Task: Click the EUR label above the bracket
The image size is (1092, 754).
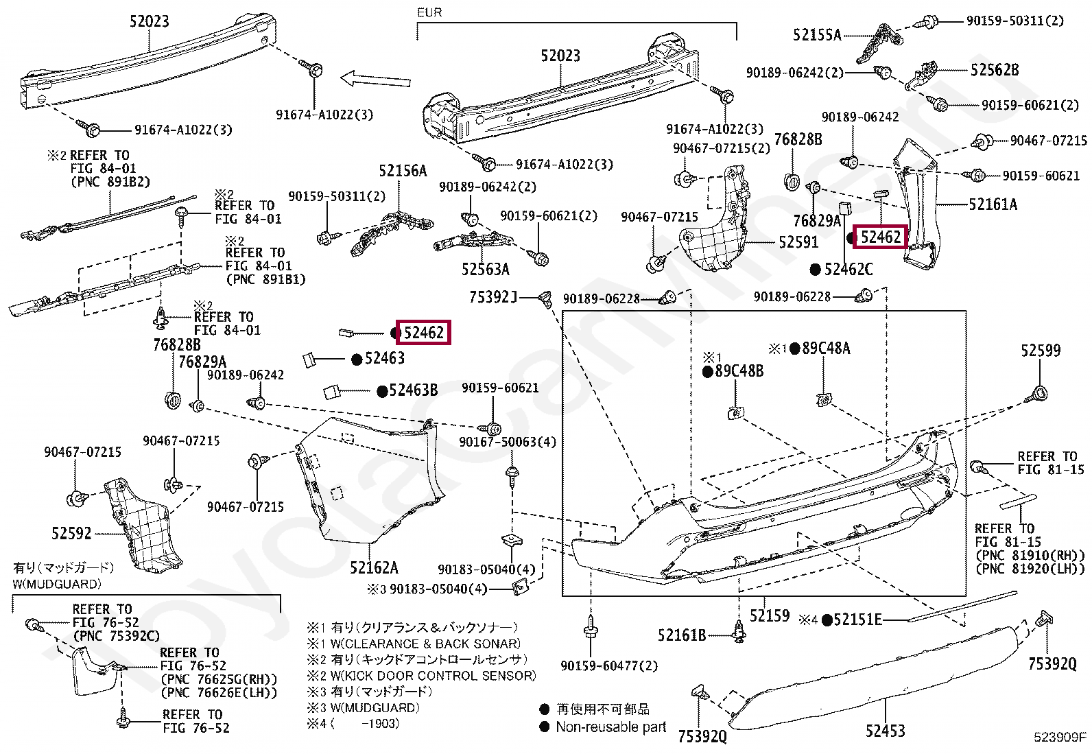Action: pos(429,12)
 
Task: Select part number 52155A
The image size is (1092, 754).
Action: pos(816,35)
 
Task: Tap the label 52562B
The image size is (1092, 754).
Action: pos(994,70)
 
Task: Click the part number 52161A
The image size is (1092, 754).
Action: pos(993,204)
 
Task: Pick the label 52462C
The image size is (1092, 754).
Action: pos(848,270)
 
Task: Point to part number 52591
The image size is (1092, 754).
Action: pos(798,242)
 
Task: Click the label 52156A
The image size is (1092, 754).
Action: pos(403,171)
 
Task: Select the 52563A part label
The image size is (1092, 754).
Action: pos(485,269)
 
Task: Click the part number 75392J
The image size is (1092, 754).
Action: pos(492,297)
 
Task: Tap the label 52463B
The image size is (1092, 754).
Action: pos(413,390)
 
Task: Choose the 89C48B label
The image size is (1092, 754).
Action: pos(739,371)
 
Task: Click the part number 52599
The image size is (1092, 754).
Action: pos(1040,351)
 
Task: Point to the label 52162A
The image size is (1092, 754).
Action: pos(373,567)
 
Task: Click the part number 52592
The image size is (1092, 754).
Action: pos(71,533)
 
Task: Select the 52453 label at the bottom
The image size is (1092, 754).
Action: pos(884,731)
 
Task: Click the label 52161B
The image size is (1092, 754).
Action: pos(681,635)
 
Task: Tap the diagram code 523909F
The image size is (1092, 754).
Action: pos(1060,738)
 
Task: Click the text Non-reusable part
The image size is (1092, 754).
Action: pos(610,727)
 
